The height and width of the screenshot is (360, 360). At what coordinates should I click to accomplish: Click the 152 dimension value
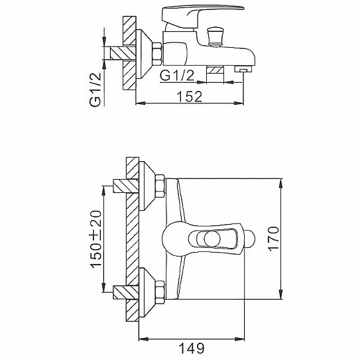[x=190, y=97]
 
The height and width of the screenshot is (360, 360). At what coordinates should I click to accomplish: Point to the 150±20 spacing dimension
[x=95, y=239]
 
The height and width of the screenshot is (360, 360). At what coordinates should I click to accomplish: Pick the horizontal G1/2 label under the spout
[x=179, y=76]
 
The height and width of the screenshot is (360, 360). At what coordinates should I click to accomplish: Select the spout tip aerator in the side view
[x=243, y=69]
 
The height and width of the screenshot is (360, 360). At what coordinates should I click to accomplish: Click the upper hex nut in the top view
[x=159, y=184]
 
